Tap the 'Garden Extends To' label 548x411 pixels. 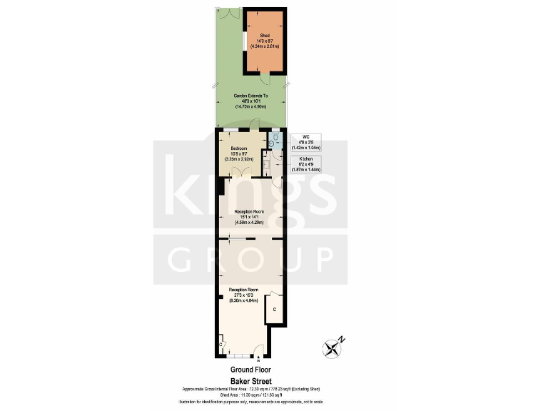(250, 100)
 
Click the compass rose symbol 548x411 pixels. (333, 347)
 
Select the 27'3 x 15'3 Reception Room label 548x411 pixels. (243, 295)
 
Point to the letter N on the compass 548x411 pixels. (341, 339)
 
